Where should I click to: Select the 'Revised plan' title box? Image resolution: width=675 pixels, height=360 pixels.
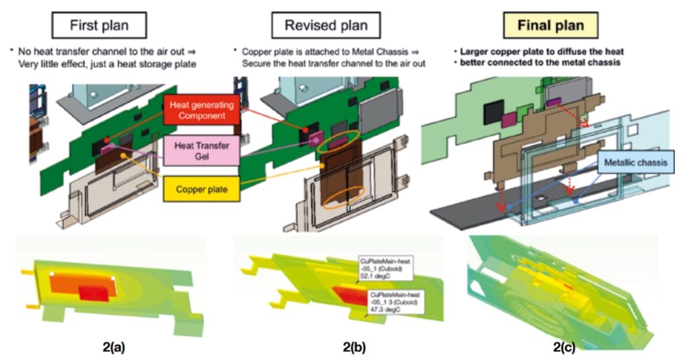pyautogui.click(x=326, y=26)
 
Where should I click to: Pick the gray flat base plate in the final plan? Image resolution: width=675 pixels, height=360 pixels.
pyautogui.click(x=461, y=211)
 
